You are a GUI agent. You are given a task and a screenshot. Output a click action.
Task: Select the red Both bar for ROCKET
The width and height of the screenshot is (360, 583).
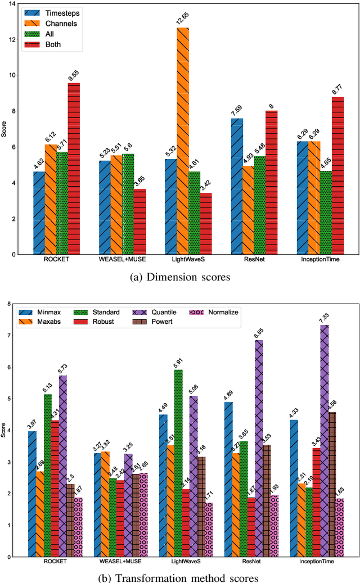click(74, 169)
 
